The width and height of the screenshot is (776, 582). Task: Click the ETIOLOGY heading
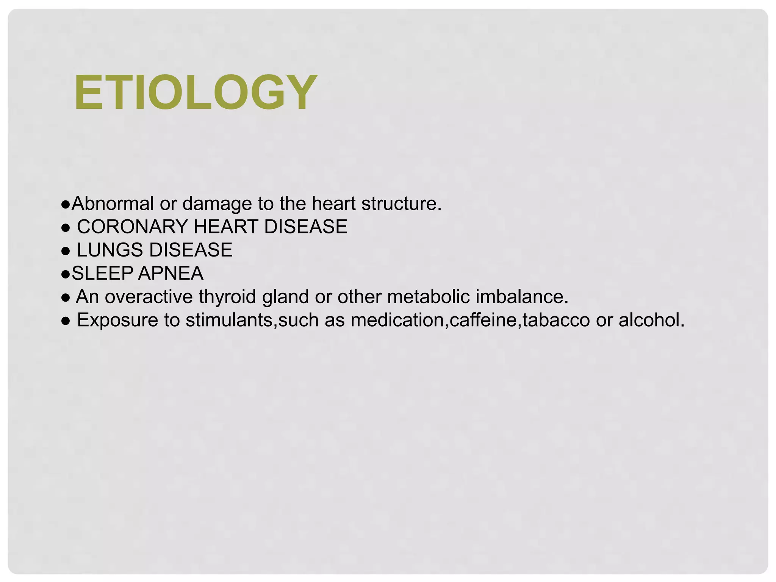pos(196,92)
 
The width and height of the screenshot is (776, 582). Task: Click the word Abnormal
pos(112,203)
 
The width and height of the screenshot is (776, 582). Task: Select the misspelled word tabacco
pos(556,320)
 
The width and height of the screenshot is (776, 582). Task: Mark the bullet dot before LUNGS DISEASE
pos(66,251)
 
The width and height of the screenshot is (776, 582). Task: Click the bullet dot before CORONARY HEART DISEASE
pos(66,228)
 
